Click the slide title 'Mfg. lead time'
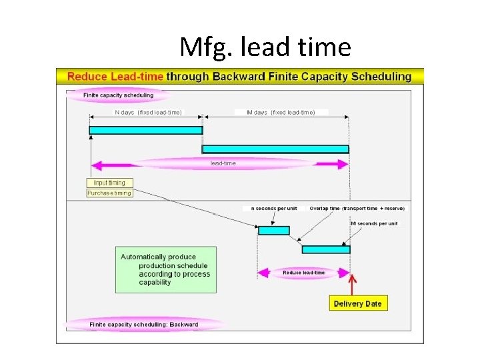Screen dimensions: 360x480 click(265, 47)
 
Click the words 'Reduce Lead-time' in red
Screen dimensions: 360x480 click(115, 76)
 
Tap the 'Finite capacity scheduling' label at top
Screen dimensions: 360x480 click(118, 95)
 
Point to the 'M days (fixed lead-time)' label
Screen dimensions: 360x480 click(281, 112)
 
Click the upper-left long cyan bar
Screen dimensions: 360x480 click(145, 130)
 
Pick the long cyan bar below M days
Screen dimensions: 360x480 click(275, 149)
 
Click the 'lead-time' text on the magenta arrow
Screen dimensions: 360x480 click(223, 163)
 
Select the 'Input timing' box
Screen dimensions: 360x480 click(109, 183)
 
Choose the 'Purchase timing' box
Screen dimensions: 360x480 click(109, 193)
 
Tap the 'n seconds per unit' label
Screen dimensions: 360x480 click(274, 208)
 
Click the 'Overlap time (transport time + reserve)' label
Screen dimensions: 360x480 click(357, 208)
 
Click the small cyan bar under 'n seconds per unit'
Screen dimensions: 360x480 click(274, 231)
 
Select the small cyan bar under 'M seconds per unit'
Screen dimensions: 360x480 click(325, 249)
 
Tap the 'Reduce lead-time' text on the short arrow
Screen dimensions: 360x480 click(303, 272)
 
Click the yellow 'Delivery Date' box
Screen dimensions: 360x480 click(358, 303)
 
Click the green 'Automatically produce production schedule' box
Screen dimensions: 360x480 click(166, 269)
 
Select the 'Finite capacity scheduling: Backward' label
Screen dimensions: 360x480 click(144, 325)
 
